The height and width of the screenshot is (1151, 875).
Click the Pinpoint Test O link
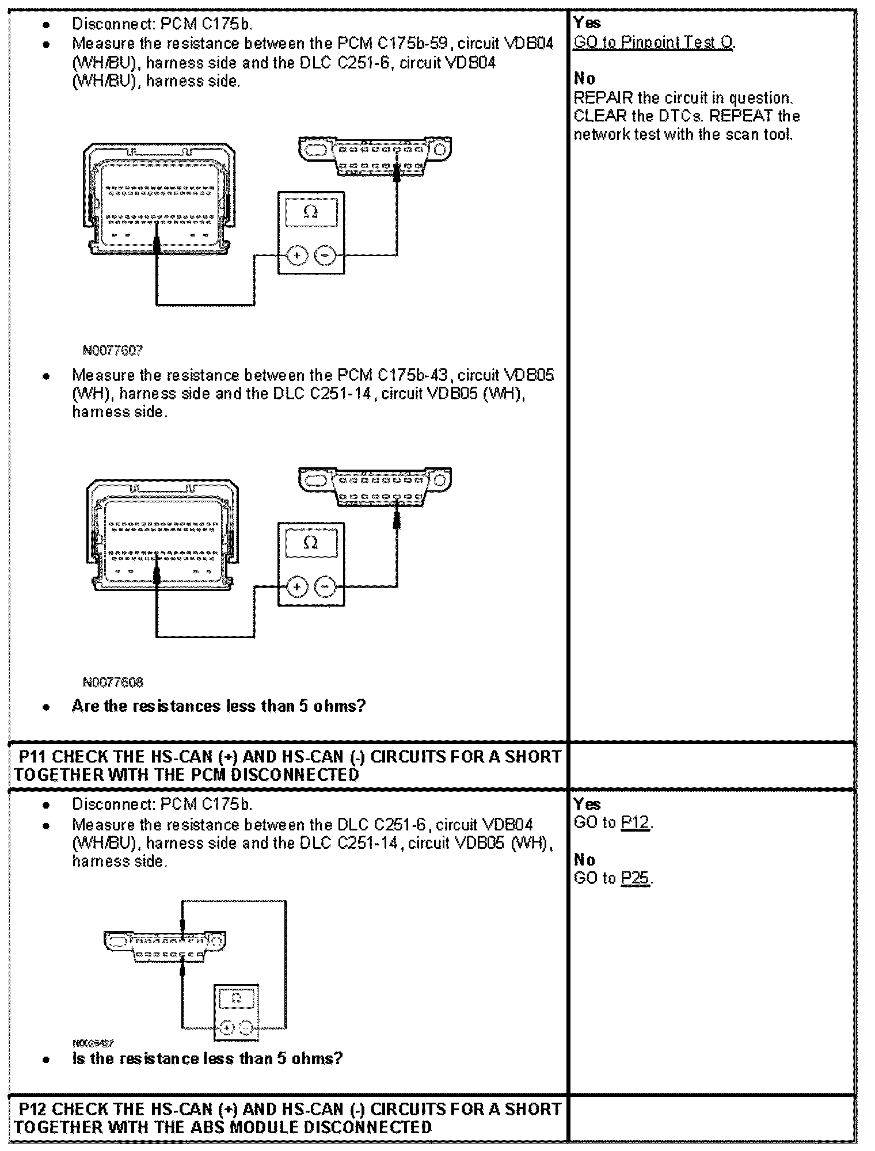tap(653, 43)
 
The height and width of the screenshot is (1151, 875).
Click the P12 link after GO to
tap(635, 823)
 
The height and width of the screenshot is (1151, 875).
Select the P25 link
tap(635, 878)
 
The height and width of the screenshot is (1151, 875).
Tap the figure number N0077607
tap(113, 350)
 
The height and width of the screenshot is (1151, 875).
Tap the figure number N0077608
tap(113, 683)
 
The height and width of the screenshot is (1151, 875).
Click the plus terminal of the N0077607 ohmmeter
tap(297, 255)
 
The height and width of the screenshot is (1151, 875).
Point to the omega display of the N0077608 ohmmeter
tap(311, 543)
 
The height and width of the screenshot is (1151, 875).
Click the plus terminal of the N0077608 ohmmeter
tap(297, 587)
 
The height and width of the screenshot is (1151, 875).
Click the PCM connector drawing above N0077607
tap(159, 199)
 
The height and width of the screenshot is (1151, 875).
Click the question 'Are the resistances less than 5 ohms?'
tap(219, 706)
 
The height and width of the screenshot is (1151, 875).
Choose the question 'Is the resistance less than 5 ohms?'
tap(207, 1058)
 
